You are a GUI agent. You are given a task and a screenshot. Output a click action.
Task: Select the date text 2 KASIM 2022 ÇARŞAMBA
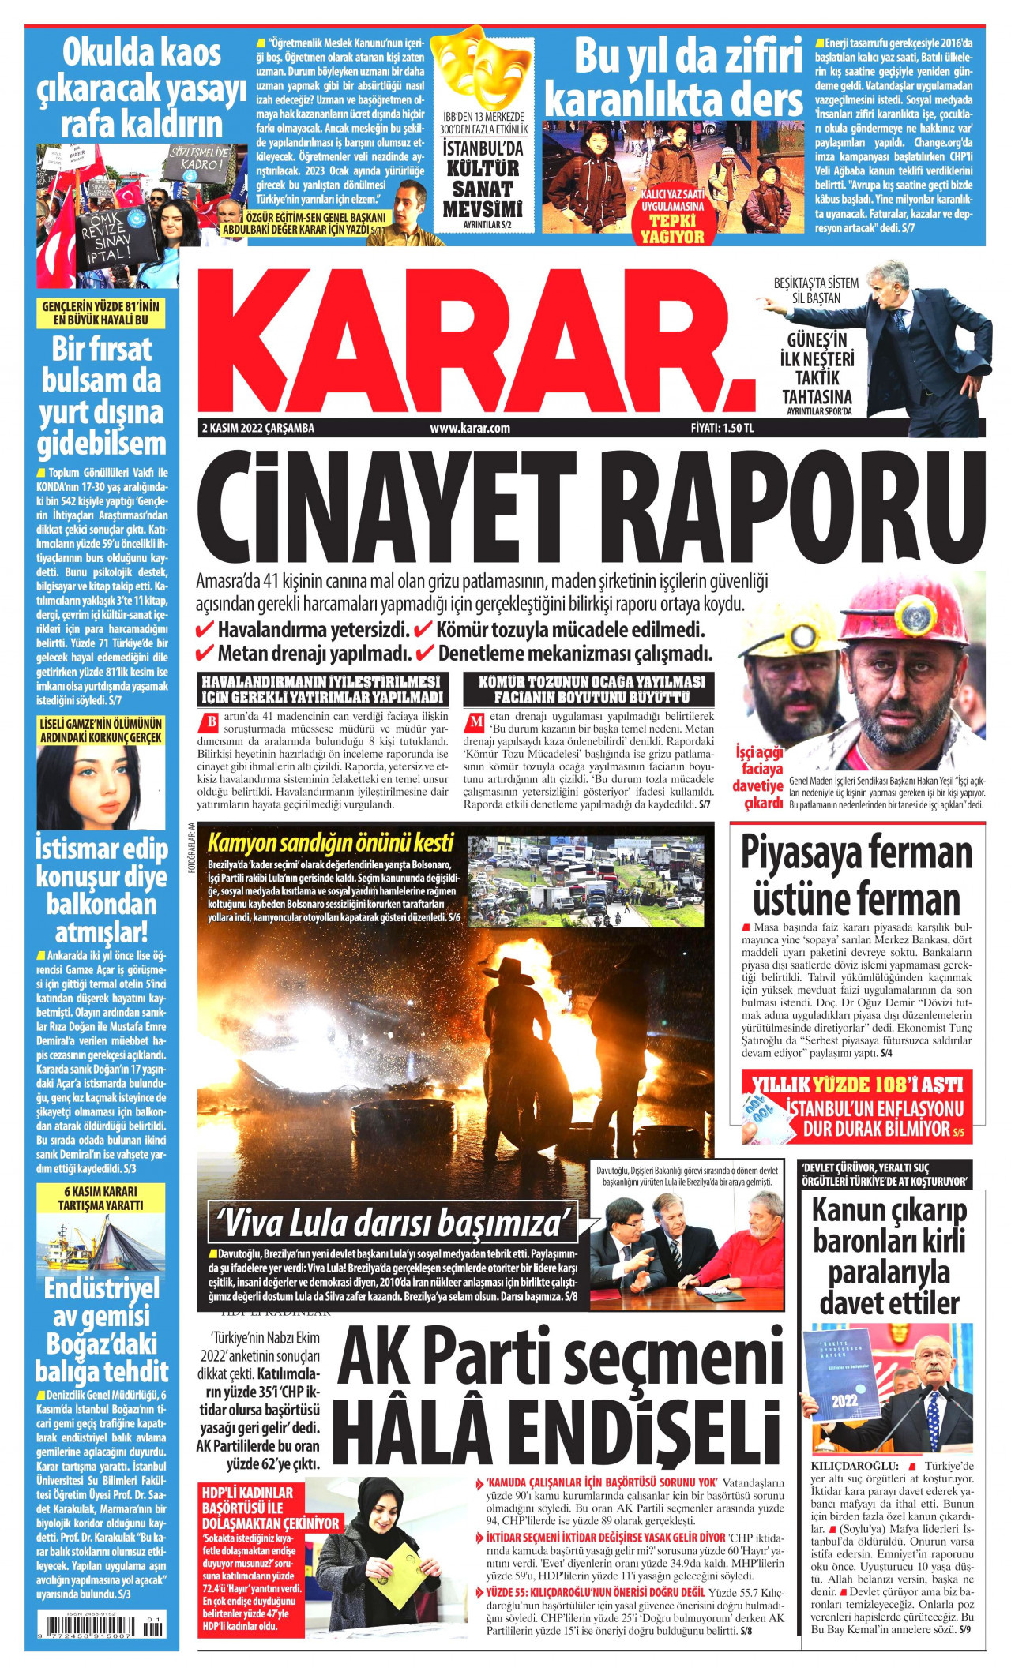(258, 428)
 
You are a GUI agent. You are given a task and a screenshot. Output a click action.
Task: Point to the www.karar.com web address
(470, 428)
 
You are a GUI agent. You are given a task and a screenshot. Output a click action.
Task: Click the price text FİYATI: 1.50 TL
(722, 428)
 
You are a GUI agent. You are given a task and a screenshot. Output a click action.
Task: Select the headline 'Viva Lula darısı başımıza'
(393, 1223)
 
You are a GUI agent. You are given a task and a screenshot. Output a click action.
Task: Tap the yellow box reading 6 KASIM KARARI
(100, 1197)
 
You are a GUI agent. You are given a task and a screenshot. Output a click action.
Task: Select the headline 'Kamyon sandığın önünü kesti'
(330, 842)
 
